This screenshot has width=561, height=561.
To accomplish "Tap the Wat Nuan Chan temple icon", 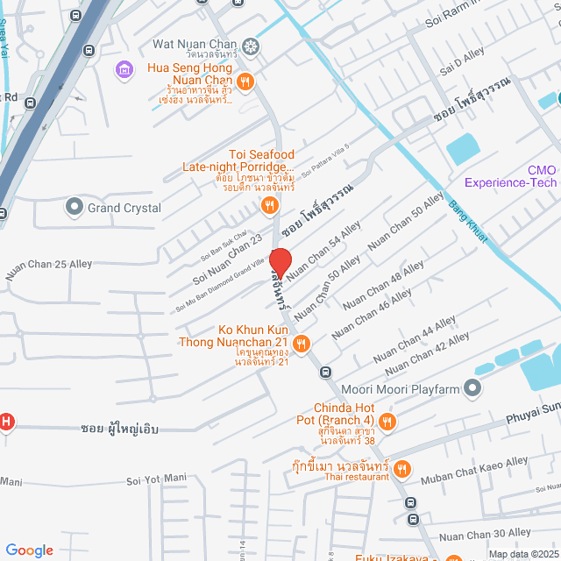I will [x=252, y=45].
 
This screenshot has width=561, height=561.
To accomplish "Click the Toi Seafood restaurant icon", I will [x=270, y=206].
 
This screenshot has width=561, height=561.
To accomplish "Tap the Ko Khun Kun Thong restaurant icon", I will [x=301, y=343].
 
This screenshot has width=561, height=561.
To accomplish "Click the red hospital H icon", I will [x=6, y=422].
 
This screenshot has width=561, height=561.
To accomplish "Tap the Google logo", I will [x=29, y=550].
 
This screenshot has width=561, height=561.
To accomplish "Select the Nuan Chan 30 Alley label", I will [x=485, y=533].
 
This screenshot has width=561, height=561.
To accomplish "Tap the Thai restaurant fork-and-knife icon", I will [x=401, y=469].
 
